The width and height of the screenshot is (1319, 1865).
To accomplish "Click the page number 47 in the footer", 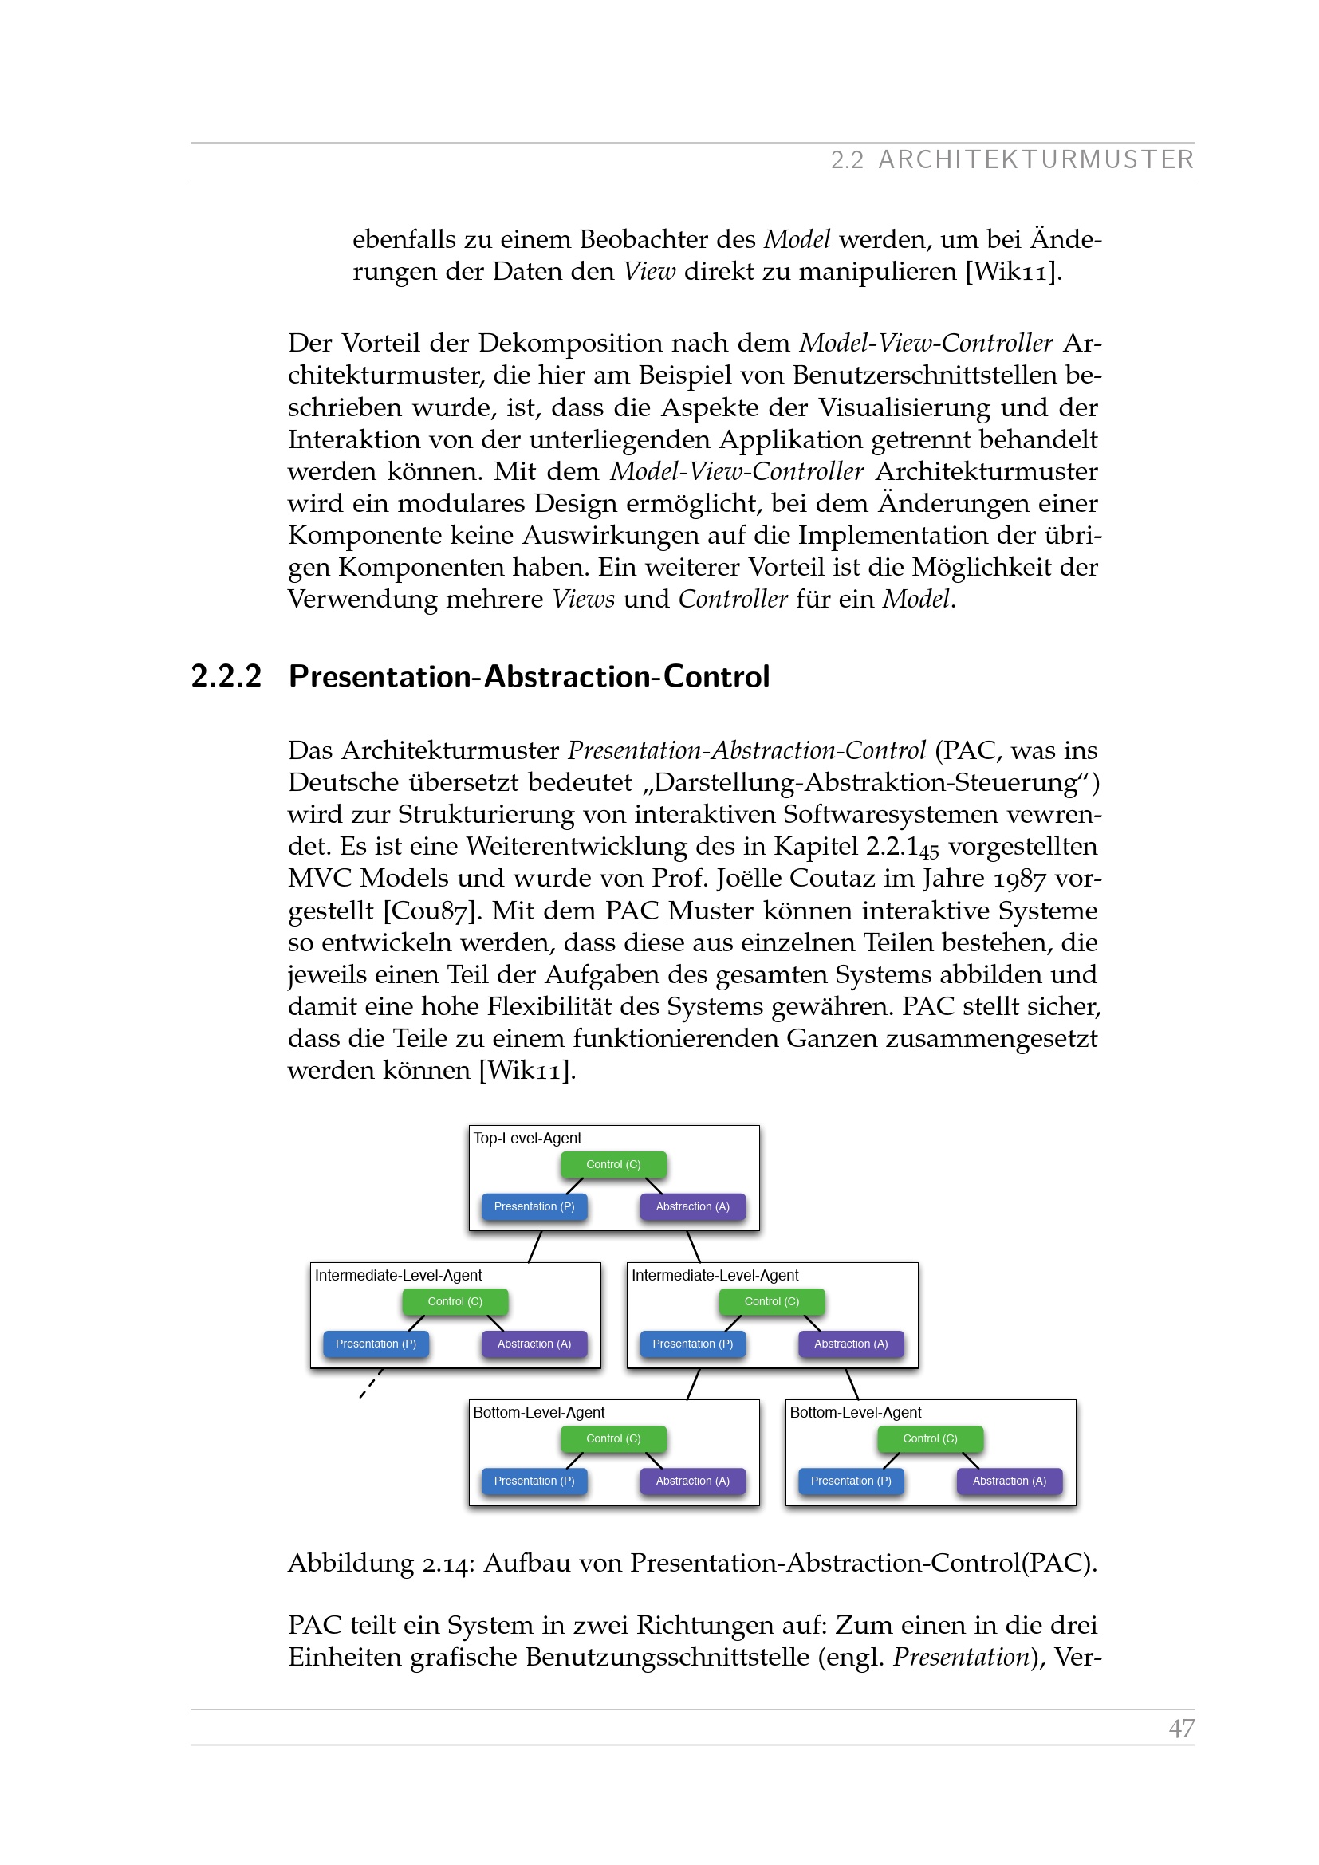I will [x=1181, y=1728].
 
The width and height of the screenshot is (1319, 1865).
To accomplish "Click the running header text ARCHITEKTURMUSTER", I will [x=1036, y=160].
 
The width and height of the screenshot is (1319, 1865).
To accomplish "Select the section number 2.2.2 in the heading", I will [x=226, y=677].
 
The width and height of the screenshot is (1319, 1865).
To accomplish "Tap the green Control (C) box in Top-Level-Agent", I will [x=613, y=1164].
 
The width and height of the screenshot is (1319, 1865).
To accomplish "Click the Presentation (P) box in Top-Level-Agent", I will [x=534, y=1206].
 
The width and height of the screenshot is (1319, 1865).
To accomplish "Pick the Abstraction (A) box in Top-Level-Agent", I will [x=692, y=1206].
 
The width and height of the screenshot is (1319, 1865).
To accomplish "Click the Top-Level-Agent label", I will [x=527, y=1138].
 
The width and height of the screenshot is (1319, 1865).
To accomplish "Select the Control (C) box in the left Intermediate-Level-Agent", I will [x=455, y=1301].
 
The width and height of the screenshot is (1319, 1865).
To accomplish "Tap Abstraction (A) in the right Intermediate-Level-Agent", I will [x=850, y=1344].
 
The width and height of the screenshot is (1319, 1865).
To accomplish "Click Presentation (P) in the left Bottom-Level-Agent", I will [x=534, y=1481].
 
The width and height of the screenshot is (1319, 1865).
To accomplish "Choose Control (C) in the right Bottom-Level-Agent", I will [x=930, y=1438].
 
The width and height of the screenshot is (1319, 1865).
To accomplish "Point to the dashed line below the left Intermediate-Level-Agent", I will [x=371, y=1383].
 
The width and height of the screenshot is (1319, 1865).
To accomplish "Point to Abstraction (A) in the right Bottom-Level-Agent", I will [x=1009, y=1481].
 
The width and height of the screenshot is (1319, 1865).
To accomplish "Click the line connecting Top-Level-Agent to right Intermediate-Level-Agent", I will [x=694, y=1247].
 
